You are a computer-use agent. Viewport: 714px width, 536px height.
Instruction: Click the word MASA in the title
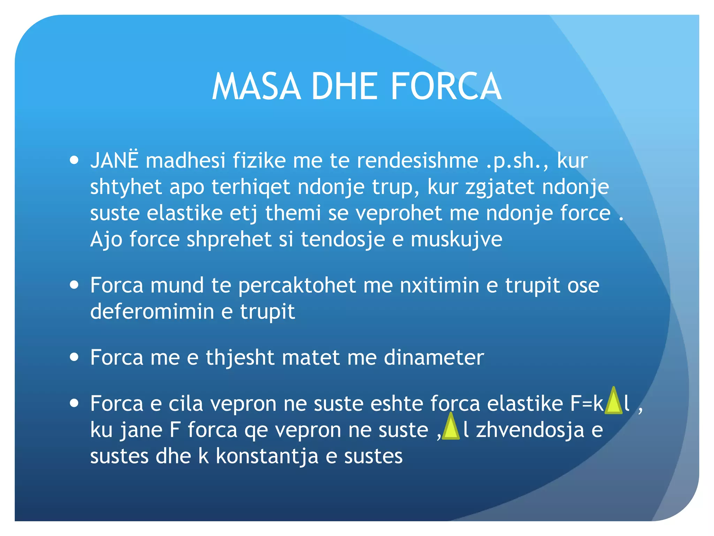pyautogui.click(x=256, y=87)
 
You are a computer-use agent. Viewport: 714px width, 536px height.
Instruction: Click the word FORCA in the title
pyautogui.click(x=446, y=87)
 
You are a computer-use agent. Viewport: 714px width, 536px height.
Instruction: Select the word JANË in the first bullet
pyautogui.click(x=114, y=161)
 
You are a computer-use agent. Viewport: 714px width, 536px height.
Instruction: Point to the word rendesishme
pyautogui.click(x=417, y=161)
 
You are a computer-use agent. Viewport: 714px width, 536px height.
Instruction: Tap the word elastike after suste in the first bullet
pyautogui.click(x=184, y=213)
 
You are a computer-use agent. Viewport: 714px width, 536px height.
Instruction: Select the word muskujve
pyautogui.click(x=456, y=239)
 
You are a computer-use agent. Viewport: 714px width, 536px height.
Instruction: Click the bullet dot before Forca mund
pyautogui.click(x=74, y=284)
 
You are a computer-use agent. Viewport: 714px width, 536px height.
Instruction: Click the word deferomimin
pyautogui.click(x=152, y=311)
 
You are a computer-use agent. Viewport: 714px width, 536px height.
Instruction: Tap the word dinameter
pyautogui.click(x=434, y=358)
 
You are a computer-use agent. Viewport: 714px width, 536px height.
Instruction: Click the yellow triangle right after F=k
pyautogui.click(x=613, y=401)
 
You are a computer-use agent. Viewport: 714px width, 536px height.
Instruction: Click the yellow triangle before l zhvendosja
pyautogui.click(x=451, y=427)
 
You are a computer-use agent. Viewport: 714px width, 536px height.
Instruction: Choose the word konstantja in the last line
pyautogui.click(x=267, y=456)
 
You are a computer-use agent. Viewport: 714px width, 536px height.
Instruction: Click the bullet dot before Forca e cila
pyautogui.click(x=74, y=403)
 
